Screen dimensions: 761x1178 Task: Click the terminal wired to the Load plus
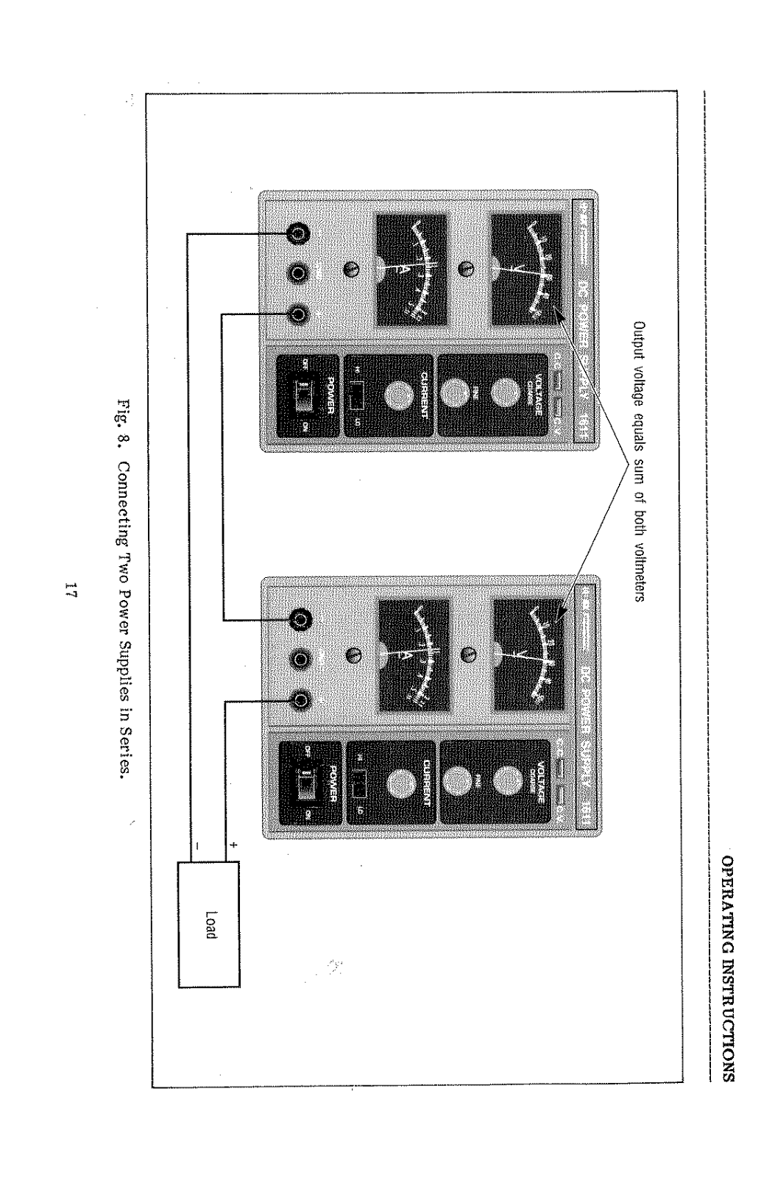coord(300,698)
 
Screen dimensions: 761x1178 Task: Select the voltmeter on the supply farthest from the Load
coord(525,269)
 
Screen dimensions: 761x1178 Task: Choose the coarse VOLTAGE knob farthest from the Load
coord(503,395)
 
